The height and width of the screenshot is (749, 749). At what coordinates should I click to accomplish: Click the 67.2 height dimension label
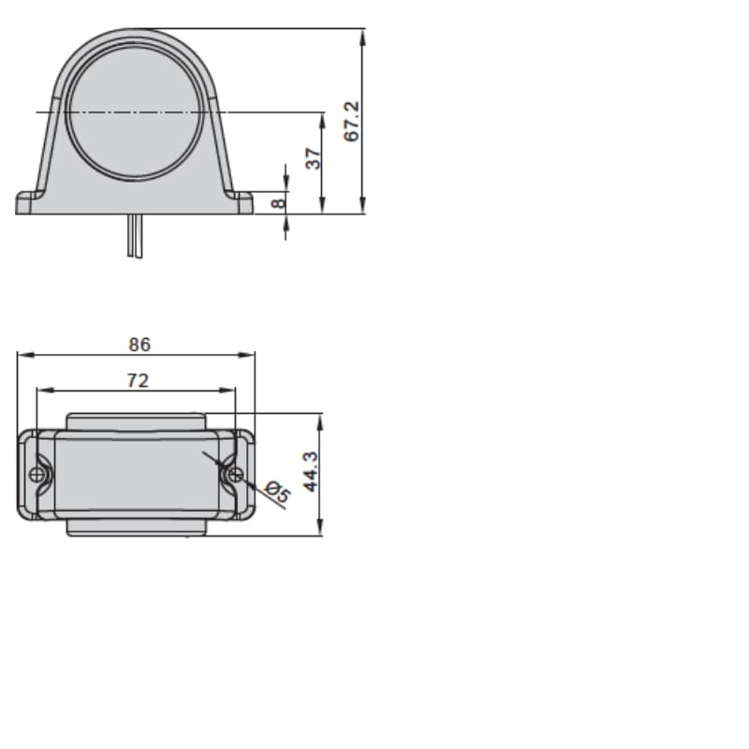(352, 122)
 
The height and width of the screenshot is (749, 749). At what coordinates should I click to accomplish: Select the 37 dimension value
(314, 158)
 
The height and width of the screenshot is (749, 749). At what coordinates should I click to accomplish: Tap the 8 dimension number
(277, 202)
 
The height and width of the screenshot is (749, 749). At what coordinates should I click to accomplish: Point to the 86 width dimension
(139, 345)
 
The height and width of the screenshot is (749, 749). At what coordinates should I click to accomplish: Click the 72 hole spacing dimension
(138, 380)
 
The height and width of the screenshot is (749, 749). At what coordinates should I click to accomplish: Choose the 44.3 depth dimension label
(311, 470)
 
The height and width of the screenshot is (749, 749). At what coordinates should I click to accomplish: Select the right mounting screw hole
(235, 476)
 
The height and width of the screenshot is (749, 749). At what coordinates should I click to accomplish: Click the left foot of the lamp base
(28, 203)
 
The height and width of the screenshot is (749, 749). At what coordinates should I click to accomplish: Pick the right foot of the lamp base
(241, 203)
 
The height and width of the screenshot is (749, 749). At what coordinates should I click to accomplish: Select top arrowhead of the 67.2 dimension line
(362, 34)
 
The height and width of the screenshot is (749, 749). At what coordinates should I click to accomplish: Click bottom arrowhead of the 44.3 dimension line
(321, 531)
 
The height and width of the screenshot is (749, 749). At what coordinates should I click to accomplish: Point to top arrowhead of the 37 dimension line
(322, 118)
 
